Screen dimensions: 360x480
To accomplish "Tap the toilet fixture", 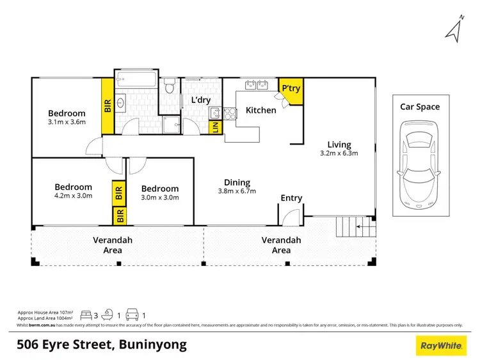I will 170,86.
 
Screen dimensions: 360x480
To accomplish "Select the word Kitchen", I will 261,110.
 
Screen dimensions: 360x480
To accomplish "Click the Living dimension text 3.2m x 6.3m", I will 339,153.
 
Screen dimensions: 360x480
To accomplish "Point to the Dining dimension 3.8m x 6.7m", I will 237,191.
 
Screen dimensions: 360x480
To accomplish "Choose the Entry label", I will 291,198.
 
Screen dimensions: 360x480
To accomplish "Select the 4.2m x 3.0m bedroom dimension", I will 73,196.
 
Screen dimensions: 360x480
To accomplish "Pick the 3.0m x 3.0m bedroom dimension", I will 159,198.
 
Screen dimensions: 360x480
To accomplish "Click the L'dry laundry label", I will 201,100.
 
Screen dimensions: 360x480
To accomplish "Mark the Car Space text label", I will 420,107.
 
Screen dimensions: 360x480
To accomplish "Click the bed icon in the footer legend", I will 85,315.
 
